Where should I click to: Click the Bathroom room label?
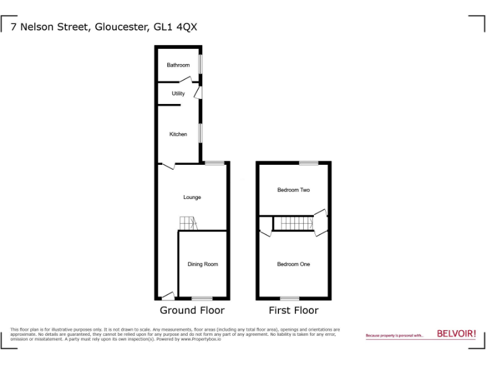[x=178, y=65]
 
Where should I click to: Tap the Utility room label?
[x=178, y=94]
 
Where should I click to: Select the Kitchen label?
[x=178, y=134]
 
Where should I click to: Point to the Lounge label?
[x=192, y=197]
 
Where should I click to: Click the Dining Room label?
[x=202, y=264]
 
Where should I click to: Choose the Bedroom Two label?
[x=294, y=190]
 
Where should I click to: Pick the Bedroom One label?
[x=294, y=264]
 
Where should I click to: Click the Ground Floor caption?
[x=192, y=311]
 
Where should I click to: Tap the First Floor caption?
[x=294, y=311]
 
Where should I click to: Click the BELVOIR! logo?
[x=456, y=333]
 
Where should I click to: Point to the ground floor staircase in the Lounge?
[x=188, y=224]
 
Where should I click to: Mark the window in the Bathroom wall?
[x=200, y=65]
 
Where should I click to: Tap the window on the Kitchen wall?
[x=200, y=134]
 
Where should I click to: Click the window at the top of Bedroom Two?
[x=309, y=163]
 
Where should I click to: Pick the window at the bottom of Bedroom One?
[x=290, y=298]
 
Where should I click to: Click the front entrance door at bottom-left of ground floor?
[x=167, y=295]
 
